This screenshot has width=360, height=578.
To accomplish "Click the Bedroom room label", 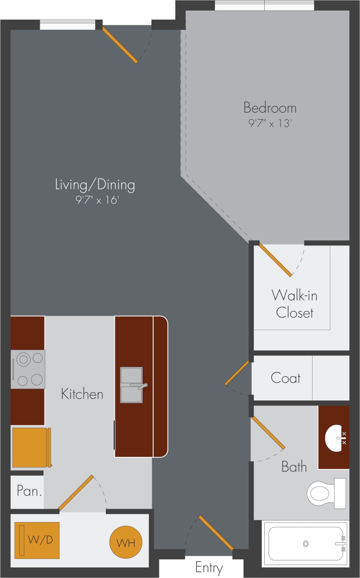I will [270, 107].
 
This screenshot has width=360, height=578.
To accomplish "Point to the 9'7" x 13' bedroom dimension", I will [270, 123].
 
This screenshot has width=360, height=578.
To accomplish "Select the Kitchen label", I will [82, 394].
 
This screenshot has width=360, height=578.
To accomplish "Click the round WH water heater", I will [126, 543].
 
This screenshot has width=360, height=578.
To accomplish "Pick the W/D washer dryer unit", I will [37, 540].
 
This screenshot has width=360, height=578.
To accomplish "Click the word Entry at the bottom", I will [209, 568].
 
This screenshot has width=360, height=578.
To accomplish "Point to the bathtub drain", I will [305, 544].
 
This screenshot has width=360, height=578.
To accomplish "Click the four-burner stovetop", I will [28, 369].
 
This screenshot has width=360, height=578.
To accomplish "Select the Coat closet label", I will [286, 378].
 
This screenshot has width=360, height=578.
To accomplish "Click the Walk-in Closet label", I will [294, 304].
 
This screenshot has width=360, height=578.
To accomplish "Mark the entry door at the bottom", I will [215, 533].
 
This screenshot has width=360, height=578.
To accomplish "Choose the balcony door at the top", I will [120, 44].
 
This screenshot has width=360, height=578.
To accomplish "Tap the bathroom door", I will [268, 433].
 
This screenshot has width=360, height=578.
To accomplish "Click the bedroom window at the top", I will [264, 6].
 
